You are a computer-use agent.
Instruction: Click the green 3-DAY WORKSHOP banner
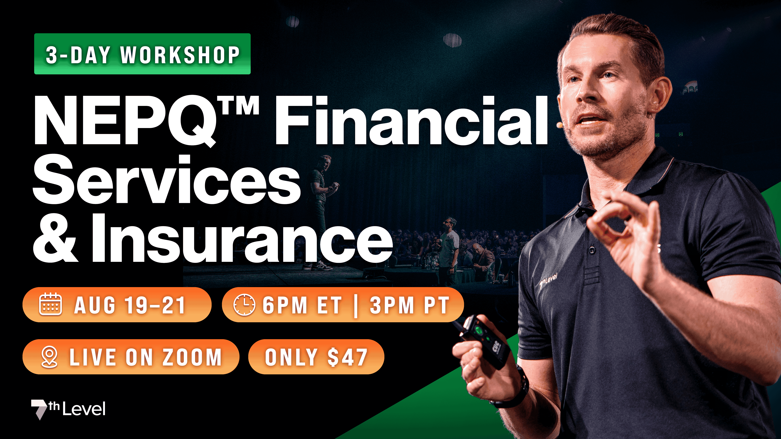pyautogui.click(x=142, y=54)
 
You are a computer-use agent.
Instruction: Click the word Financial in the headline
pyautogui.click(x=411, y=121)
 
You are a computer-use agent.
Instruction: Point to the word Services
pyautogui.click(x=167, y=180)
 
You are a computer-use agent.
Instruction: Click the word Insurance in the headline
pyautogui.click(x=241, y=238)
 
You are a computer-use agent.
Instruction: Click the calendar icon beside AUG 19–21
pyautogui.click(x=51, y=304)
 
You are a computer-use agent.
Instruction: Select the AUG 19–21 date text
pyautogui.click(x=130, y=305)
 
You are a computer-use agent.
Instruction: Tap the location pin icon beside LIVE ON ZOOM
pyautogui.click(x=49, y=357)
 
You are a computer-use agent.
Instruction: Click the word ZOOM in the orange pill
pyautogui.click(x=192, y=357)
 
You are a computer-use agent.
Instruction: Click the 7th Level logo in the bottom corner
pyautogui.click(x=68, y=409)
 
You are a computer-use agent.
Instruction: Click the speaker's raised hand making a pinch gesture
pyautogui.click(x=625, y=230)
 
